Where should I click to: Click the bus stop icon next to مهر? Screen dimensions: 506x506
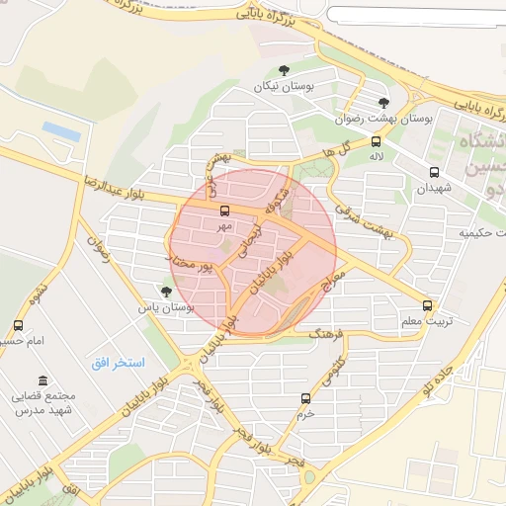click(225, 211)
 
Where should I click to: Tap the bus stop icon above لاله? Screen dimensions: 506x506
click(375, 140)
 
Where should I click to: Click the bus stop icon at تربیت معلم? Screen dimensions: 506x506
click(427, 305)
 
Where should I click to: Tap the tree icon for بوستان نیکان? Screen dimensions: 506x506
click(285, 70)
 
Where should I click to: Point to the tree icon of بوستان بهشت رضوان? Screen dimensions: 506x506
click(384, 102)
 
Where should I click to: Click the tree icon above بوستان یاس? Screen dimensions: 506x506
click(165, 292)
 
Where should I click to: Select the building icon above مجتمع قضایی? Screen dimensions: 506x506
click(42, 380)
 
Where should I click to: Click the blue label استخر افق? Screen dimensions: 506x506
click(116, 363)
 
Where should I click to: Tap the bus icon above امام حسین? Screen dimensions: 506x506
click(18, 325)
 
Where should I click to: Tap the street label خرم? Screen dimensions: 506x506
click(306, 415)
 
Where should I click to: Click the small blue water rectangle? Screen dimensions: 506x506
click(60, 130)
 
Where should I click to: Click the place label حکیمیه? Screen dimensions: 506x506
click(479, 234)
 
